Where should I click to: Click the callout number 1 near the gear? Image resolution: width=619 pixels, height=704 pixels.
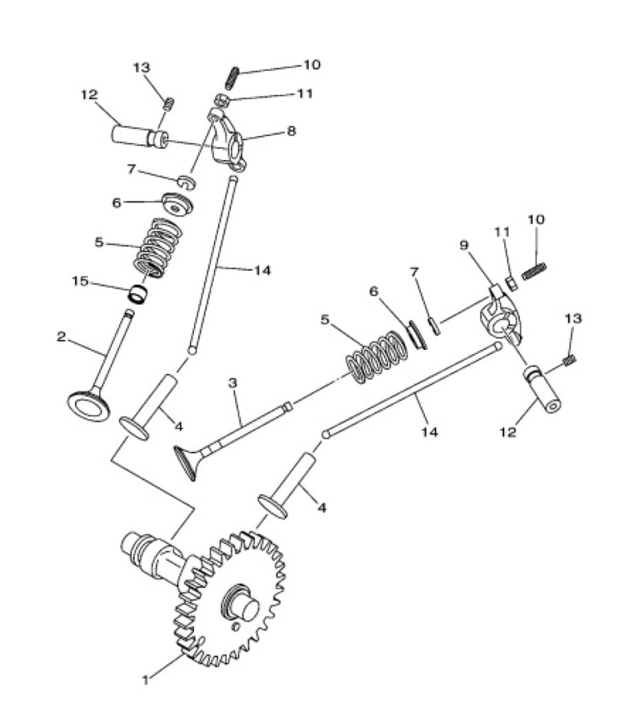click(145, 680)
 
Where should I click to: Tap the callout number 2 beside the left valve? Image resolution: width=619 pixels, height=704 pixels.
click(61, 337)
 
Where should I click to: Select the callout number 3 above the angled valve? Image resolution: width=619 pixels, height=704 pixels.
click(232, 383)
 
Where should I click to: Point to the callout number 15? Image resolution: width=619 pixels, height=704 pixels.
click(80, 281)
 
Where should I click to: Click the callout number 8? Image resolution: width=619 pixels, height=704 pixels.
click(292, 131)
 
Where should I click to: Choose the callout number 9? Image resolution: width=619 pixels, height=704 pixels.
click(464, 245)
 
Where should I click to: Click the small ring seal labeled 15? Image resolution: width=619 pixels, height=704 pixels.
click(138, 295)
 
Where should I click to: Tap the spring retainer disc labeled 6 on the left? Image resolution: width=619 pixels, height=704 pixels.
click(177, 203)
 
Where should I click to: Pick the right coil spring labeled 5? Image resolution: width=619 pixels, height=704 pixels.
click(378, 357)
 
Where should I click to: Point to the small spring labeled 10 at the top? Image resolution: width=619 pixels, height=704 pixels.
click(231, 77)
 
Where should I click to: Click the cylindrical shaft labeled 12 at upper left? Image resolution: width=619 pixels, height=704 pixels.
click(139, 135)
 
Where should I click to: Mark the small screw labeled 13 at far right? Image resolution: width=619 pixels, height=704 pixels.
click(569, 360)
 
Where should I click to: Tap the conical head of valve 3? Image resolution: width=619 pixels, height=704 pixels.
click(186, 463)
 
